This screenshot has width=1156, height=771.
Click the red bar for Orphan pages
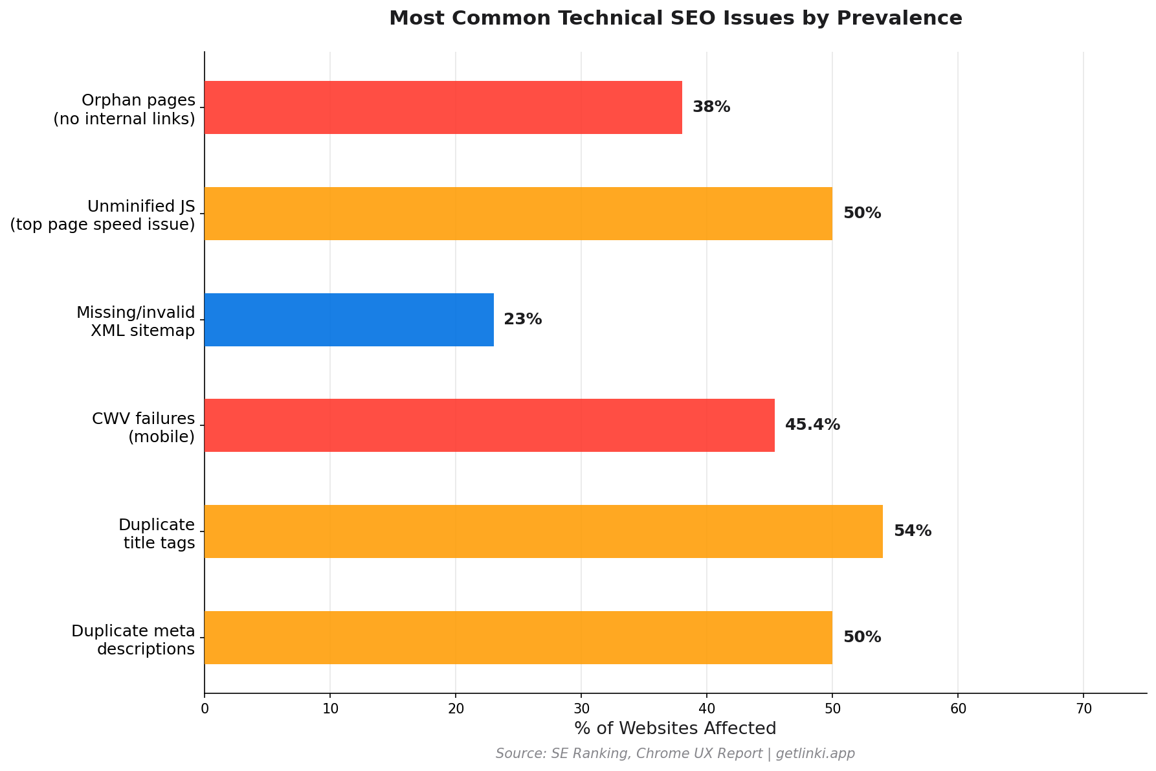(443, 107)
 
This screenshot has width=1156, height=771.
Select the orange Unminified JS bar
(518, 214)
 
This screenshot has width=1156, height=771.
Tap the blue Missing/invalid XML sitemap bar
(349, 320)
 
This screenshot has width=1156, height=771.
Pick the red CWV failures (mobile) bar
(489, 425)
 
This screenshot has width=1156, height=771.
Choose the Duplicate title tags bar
(543, 531)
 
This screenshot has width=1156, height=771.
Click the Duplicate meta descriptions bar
(518, 638)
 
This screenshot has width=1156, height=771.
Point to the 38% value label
(711, 107)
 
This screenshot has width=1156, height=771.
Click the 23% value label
(522, 320)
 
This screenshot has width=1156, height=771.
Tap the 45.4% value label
(812, 425)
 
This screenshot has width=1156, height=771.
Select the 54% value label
(913, 531)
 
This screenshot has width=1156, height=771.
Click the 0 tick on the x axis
(205, 709)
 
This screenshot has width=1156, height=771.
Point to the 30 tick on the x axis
(581, 709)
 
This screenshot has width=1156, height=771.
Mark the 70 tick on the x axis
(1084, 709)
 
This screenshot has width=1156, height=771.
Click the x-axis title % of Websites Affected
(675, 729)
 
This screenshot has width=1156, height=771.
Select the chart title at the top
(675, 18)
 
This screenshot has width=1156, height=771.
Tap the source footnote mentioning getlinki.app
(675, 754)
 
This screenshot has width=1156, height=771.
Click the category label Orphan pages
(124, 109)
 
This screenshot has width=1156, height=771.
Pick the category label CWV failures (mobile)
(143, 428)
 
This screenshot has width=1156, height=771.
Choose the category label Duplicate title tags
(157, 534)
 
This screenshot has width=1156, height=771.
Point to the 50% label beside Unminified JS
(862, 214)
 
